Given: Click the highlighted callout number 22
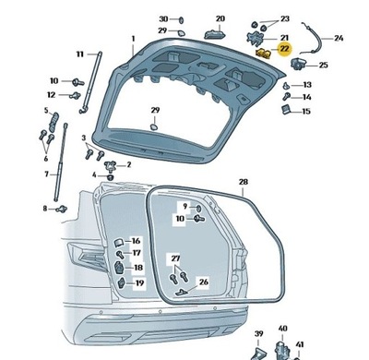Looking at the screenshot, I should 284,48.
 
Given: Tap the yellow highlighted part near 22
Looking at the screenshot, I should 263,54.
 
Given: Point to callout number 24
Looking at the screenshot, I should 338,38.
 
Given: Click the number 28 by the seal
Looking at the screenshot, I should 244,182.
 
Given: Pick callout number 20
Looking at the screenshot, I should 220,18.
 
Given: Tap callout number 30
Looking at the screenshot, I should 163,18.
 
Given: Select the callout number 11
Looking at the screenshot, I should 79,54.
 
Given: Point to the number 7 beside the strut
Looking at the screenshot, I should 46,174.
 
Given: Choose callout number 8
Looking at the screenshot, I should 44,209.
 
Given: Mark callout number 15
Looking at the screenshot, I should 307,111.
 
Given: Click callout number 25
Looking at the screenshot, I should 323,65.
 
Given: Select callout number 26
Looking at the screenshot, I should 204,282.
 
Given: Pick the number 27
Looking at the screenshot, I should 175,258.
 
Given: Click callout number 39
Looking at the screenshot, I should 259,333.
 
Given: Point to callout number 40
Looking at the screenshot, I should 283,328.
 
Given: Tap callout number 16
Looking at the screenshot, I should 136,240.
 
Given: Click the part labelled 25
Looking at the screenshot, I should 299,65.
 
